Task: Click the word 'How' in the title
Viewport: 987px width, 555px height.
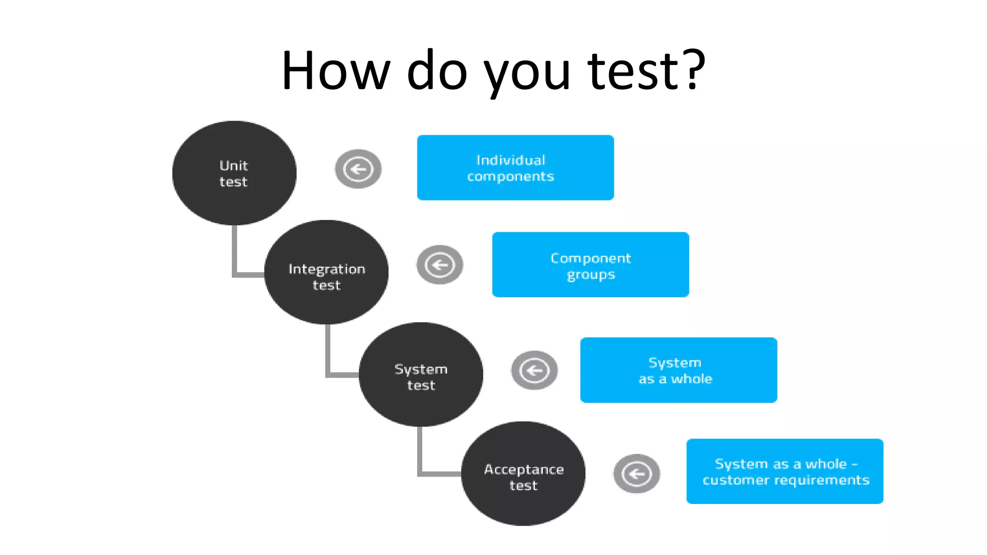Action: tap(335, 71)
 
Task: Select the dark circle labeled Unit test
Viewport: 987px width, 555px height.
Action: tap(234, 173)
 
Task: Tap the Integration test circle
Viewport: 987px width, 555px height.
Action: tap(326, 273)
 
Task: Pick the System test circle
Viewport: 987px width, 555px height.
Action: tap(421, 374)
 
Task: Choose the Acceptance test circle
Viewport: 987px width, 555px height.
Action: tap(523, 474)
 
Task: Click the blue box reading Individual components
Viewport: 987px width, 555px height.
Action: tap(515, 168)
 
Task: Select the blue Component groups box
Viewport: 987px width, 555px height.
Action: tap(590, 264)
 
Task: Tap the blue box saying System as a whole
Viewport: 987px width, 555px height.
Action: tap(679, 370)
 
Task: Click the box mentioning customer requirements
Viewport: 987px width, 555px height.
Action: tap(785, 471)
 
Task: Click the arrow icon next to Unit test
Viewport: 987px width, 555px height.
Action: tap(358, 169)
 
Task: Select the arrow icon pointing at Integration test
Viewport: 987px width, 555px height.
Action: tap(440, 264)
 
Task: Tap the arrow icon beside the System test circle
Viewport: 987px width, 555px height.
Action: tap(534, 370)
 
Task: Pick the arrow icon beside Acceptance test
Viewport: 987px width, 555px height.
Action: tap(637, 474)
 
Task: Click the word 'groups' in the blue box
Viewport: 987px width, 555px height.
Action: tap(591, 275)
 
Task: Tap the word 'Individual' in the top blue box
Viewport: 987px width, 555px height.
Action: tap(511, 160)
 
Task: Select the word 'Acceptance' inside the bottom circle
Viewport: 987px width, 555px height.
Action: tap(524, 469)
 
